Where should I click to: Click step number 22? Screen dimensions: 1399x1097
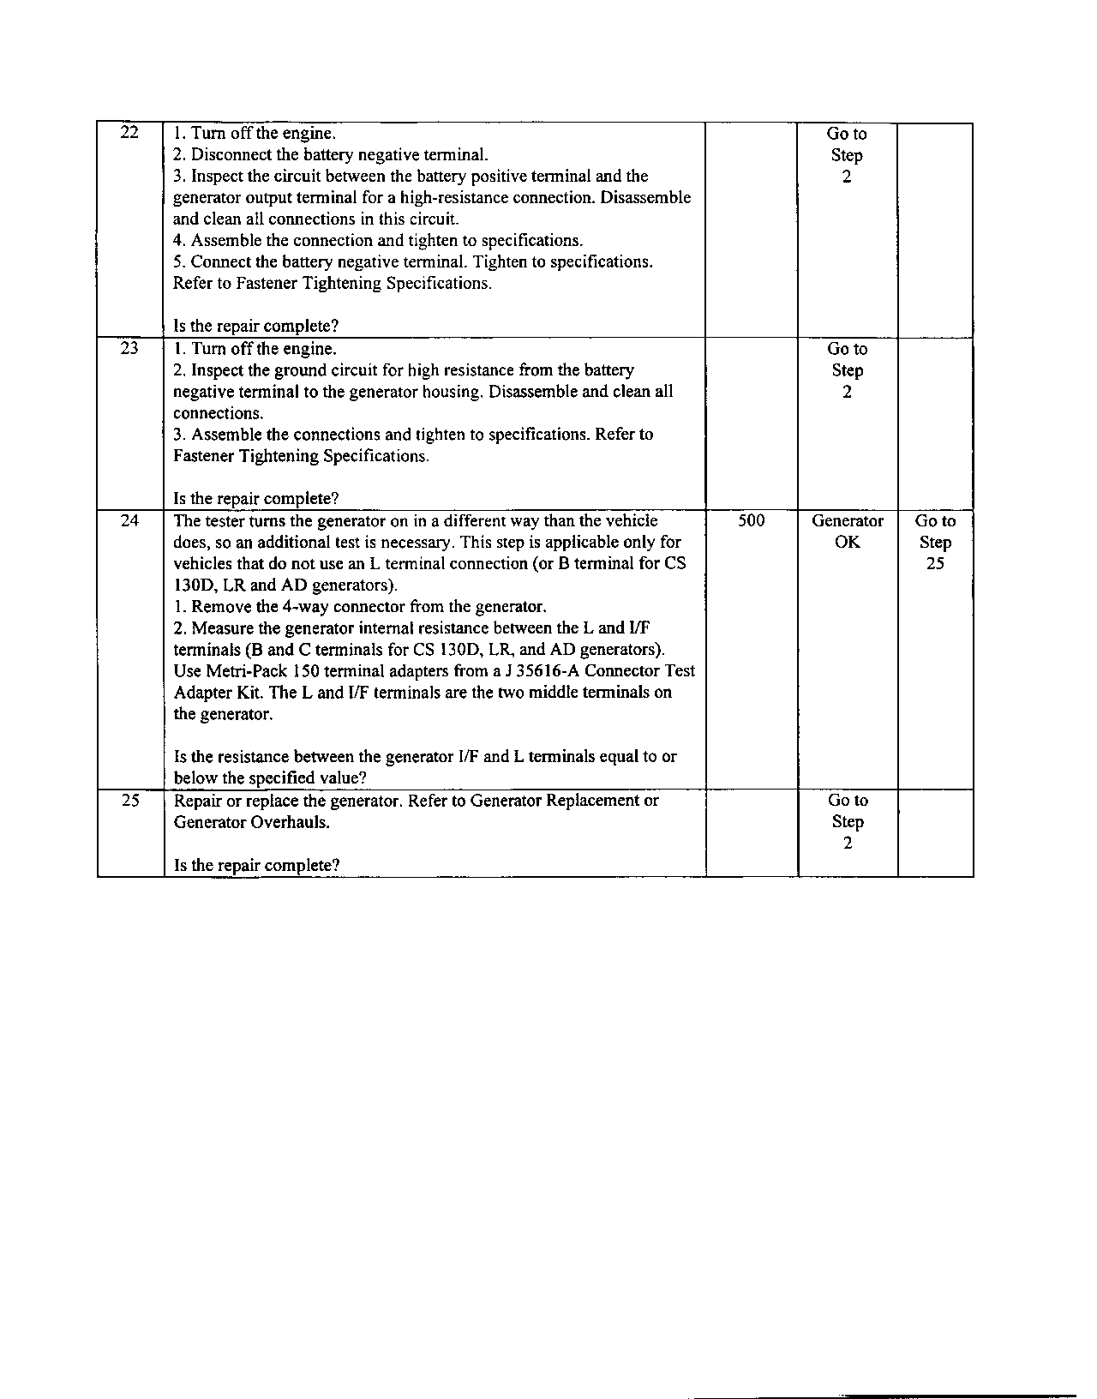click(129, 133)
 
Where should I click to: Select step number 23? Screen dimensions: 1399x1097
click(129, 348)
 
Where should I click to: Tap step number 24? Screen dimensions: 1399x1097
click(129, 520)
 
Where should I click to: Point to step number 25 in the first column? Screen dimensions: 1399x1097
click(129, 800)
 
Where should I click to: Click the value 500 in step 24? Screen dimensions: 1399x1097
click(751, 520)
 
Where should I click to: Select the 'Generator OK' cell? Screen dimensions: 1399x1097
click(847, 531)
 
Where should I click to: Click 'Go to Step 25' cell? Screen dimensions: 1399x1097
click(935, 543)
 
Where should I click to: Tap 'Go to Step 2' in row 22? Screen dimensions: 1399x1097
click(847, 155)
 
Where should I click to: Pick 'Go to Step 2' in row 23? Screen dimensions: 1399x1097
click(847, 370)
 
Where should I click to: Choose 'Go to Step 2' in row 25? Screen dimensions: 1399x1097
click(847, 821)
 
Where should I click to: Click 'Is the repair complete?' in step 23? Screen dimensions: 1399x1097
click(256, 498)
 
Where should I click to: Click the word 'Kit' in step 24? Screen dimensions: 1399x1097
click(249, 693)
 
